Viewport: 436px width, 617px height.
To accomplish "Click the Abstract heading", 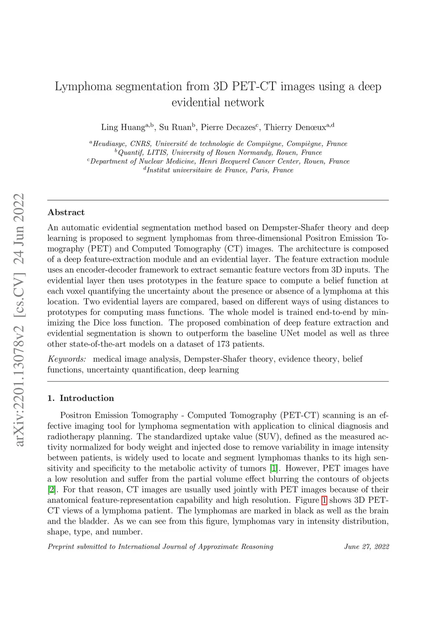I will point(66,212).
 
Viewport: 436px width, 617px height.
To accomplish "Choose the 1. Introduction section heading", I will point(81,398).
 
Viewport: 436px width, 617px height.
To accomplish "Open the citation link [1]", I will point(274,468).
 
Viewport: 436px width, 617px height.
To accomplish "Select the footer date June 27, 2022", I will point(366,547).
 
